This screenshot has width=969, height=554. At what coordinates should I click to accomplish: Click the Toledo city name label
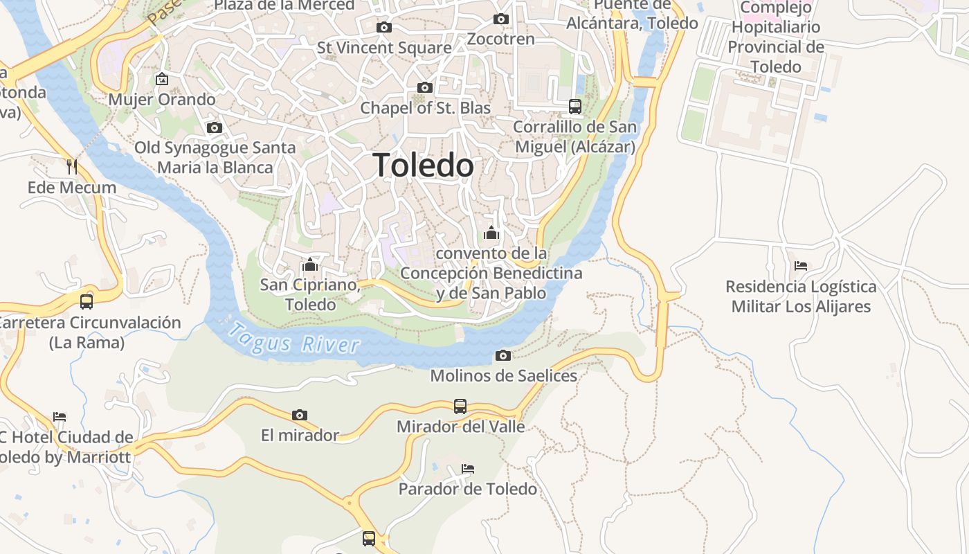(423, 166)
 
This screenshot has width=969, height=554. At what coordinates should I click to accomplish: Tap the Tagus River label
(296, 339)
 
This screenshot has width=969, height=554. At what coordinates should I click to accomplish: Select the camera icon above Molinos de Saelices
(503, 355)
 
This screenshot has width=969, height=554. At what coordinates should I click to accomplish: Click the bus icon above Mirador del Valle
(460, 406)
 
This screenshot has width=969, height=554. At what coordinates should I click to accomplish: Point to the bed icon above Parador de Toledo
(468, 469)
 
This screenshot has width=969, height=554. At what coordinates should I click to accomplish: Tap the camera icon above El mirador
(300, 415)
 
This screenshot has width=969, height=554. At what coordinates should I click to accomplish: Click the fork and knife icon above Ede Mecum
(71, 166)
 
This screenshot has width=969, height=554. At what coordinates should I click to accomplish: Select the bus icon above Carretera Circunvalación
(87, 301)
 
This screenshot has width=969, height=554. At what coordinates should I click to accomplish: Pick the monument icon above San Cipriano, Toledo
(309, 265)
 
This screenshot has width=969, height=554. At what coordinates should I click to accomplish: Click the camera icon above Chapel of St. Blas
(425, 87)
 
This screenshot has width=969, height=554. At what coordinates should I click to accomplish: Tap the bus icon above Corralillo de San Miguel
(575, 106)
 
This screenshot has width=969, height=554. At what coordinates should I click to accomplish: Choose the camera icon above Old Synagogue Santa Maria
(215, 127)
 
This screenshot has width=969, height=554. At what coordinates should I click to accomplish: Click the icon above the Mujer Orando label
(162, 79)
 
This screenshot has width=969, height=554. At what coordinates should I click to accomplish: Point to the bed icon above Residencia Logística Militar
(801, 265)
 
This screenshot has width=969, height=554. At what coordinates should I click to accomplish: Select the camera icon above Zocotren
(501, 19)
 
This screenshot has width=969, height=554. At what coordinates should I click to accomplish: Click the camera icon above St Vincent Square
(383, 27)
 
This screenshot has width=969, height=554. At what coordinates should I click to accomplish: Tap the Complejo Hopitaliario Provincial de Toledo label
(776, 37)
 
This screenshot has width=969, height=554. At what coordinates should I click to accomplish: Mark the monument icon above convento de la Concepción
(491, 233)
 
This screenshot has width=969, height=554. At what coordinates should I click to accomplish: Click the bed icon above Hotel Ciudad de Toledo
(60, 417)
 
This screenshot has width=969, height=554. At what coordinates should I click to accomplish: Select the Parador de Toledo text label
(468, 489)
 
